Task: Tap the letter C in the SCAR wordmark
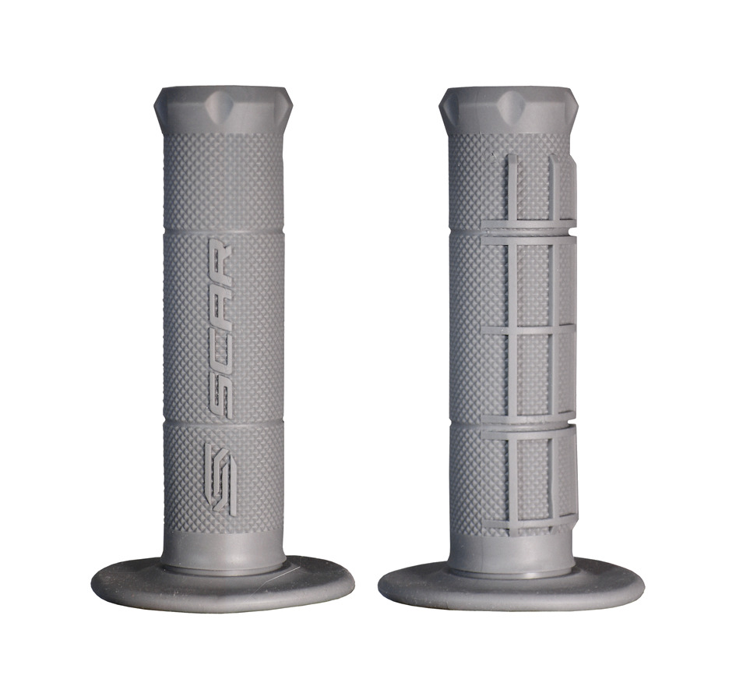tap(220, 347)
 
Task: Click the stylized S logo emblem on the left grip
tap(219, 479)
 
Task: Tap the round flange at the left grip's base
tap(223, 584)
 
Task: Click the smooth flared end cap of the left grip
tap(223, 111)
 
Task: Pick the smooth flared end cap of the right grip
tap(509, 111)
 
